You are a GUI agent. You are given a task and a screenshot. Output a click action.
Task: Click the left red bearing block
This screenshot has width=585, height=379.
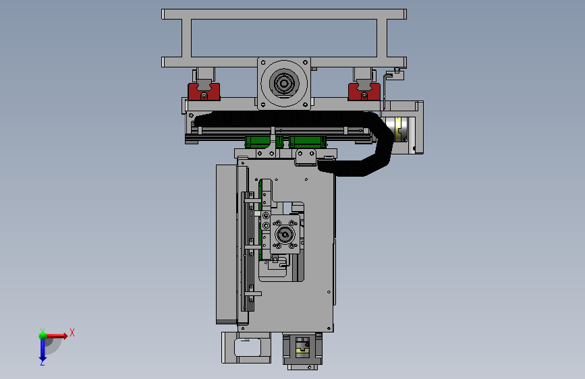pos(204,92)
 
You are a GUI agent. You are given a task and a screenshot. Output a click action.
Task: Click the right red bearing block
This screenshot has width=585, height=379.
pos(364,92)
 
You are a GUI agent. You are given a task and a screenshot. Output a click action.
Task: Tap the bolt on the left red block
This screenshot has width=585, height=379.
pos(204,96)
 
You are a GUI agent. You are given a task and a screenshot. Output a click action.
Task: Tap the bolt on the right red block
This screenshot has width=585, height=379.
pos(364,96)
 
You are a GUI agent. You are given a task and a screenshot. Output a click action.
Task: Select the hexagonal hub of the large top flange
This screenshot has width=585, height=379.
pos(283,83)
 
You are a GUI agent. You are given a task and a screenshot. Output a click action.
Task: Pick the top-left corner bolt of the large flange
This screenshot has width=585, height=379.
pos(263,63)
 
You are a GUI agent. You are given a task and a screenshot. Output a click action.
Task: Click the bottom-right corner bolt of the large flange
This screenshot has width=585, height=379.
pos(305,105)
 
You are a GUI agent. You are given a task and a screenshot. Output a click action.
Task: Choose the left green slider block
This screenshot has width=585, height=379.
pos(258,142)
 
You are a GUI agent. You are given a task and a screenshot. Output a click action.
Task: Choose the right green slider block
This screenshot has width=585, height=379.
pos(308,142)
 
